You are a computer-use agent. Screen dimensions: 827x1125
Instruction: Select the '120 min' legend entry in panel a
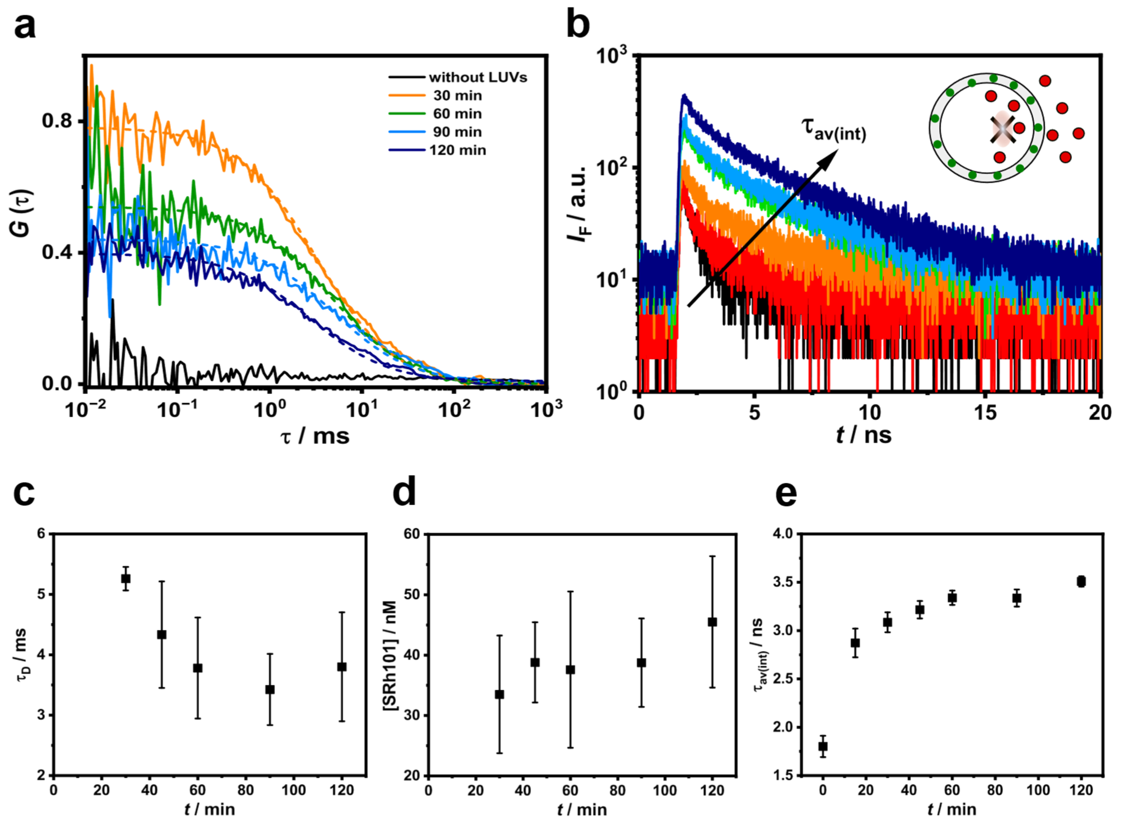tap(457, 150)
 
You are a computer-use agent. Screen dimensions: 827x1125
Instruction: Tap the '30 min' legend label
tap(457, 96)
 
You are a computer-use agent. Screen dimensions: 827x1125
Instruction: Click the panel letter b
tap(578, 25)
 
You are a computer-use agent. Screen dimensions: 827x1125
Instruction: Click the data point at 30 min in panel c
tap(126, 579)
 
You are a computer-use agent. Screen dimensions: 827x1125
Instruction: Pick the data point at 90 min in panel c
tap(270, 690)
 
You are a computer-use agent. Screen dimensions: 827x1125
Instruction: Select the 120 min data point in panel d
tap(712, 622)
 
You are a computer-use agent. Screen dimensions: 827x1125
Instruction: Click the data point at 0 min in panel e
tap(823, 746)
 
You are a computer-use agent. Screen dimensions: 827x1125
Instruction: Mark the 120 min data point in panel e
tap(1081, 582)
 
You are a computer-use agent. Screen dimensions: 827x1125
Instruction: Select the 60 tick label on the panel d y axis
tap(411, 534)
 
